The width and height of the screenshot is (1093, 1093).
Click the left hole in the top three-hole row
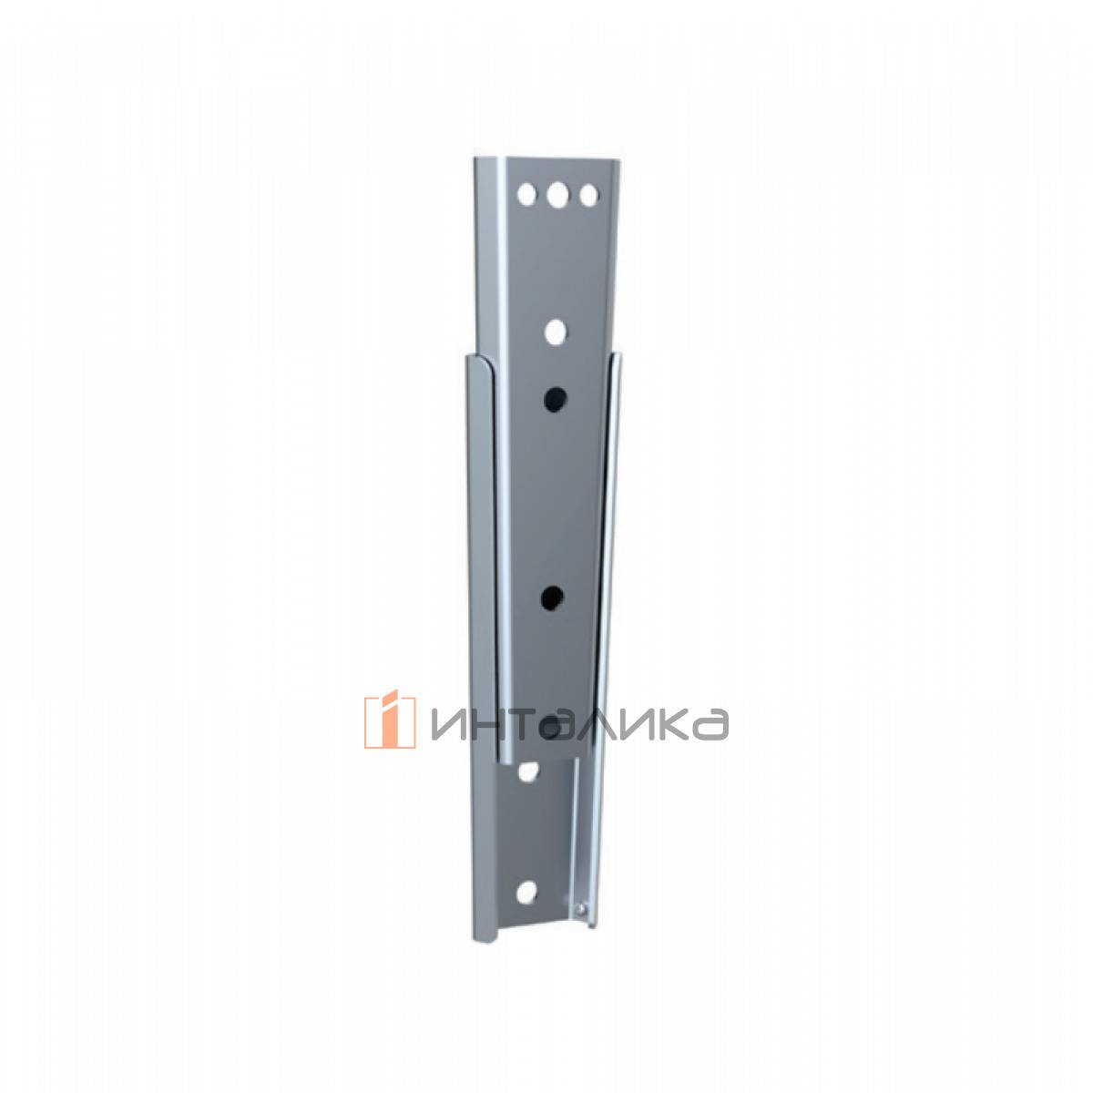(x=526, y=195)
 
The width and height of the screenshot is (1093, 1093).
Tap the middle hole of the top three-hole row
(x=557, y=195)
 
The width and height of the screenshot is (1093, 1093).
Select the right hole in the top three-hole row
(x=588, y=195)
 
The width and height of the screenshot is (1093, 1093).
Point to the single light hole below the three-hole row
(x=556, y=332)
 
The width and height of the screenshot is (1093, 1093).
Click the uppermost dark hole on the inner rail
(x=555, y=398)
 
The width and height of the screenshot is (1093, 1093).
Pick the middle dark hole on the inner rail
(x=551, y=598)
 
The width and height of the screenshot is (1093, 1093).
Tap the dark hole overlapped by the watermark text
(x=550, y=727)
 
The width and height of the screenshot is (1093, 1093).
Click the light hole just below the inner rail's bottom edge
(x=528, y=772)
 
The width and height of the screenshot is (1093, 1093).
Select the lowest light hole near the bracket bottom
(x=527, y=893)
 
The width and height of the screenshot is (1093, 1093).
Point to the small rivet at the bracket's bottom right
(x=579, y=909)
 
